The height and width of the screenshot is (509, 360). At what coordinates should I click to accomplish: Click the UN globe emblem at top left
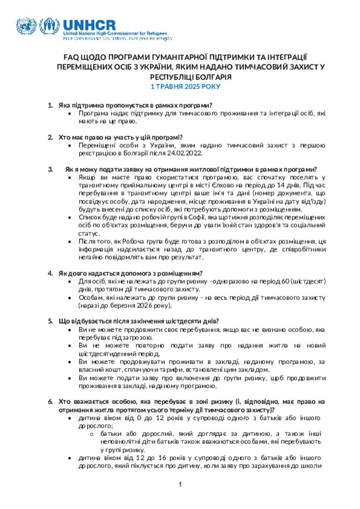click(26, 26)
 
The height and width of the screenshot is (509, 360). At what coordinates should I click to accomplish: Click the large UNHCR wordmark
click(89, 25)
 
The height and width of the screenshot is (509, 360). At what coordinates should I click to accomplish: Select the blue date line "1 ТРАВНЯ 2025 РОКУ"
click(185, 87)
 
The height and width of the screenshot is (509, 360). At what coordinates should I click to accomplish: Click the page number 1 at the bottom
click(180, 485)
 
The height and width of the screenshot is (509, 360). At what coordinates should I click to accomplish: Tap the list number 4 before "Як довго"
click(50, 273)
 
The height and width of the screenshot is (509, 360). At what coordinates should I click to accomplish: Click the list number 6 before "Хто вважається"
click(50, 402)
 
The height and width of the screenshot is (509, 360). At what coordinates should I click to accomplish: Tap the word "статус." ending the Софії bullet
click(89, 234)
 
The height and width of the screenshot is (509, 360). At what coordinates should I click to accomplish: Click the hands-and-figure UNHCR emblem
click(49, 26)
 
